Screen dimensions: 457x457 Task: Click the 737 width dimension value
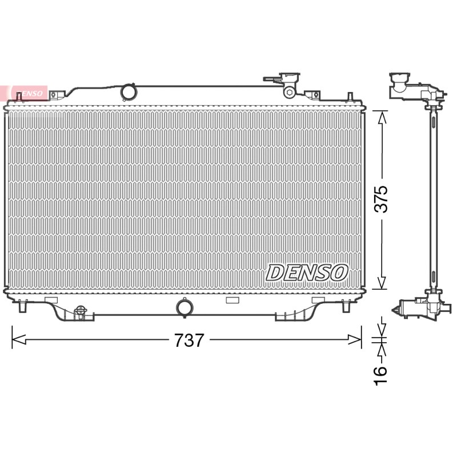point(189,340)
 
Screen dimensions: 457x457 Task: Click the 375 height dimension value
point(381,199)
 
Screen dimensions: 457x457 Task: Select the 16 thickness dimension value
point(380,376)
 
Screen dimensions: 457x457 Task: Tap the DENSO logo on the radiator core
point(307,273)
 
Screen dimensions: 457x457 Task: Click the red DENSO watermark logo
point(29,93)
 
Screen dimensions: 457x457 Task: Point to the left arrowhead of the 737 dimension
point(19,339)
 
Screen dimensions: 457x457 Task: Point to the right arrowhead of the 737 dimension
point(355,339)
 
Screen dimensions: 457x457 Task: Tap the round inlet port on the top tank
point(128,91)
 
